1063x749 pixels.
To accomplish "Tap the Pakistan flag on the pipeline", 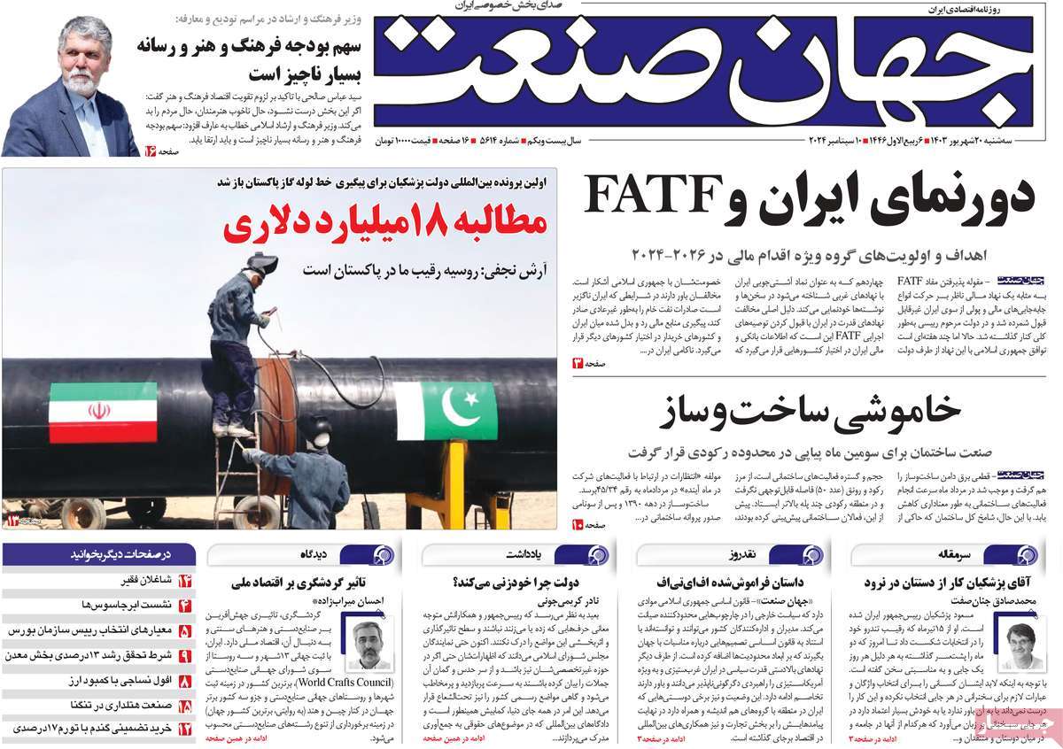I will pyautogui.click(x=445, y=411).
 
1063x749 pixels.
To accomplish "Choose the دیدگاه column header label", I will pyautogui.click(x=314, y=555).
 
